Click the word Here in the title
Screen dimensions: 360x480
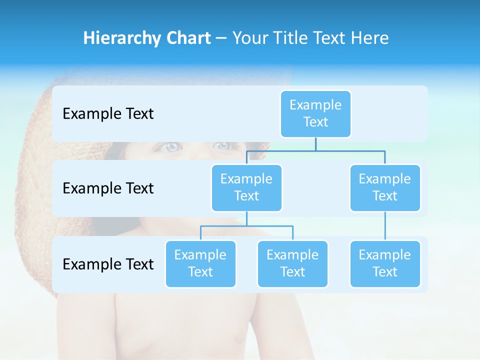tap(369, 38)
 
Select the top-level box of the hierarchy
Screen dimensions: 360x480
tap(315, 113)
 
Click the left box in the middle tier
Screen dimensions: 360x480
tap(246, 187)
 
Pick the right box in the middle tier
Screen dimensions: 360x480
tap(385, 187)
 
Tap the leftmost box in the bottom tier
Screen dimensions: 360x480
tap(200, 263)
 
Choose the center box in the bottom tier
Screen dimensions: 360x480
tap(292, 263)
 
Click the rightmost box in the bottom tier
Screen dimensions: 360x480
tap(385, 263)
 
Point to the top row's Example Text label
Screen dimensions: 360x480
tap(108, 113)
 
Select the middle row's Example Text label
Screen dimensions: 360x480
tap(108, 188)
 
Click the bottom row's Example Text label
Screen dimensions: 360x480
tap(108, 264)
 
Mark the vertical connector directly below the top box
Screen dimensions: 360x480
tap(315, 144)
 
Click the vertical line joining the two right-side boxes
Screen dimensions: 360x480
tap(385, 226)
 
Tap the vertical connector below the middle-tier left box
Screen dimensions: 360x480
tap(246, 218)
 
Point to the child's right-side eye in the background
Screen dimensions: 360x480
tap(221, 145)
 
